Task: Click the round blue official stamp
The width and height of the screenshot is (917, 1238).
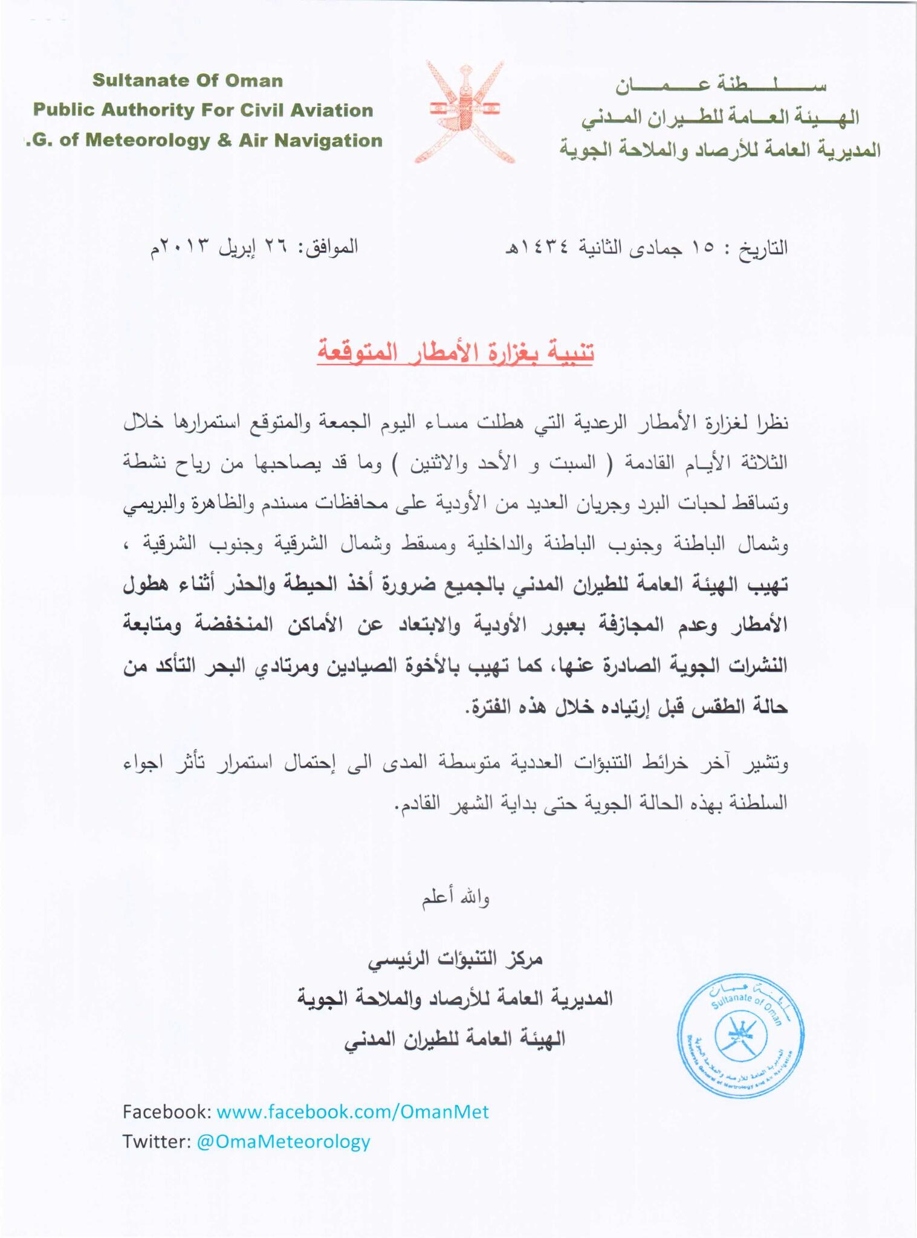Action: pyautogui.click(x=740, y=1035)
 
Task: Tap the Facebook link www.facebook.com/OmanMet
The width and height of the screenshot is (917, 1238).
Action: pyautogui.click(x=352, y=1111)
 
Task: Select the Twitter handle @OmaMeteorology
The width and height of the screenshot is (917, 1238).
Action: pyautogui.click(x=283, y=1141)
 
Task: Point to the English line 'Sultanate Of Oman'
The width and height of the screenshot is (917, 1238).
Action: pyautogui.click(x=187, y=80)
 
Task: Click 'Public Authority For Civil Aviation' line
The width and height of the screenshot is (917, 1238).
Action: pyautogui.click(x=203, y=110)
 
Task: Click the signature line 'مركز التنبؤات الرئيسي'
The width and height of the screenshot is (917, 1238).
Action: pyautogui.click(x=455, y=959)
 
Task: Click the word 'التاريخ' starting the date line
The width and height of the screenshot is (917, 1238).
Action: pyautogui.click(x=763, y=248)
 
